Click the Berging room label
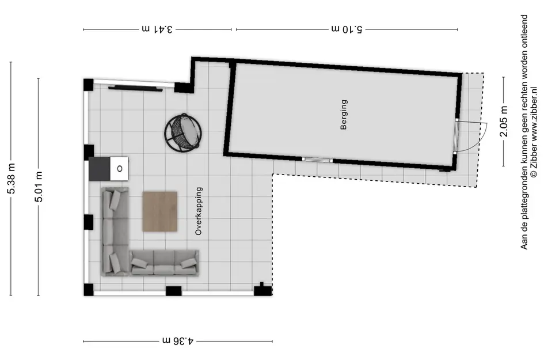pos(344,115)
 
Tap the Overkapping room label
pos(199,211)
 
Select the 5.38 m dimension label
pos(11,178)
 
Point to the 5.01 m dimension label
pos(39,187)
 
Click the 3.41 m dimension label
pos(157,29)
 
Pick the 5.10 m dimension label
pos(347,29)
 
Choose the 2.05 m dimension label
pos(504,121)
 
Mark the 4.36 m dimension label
pos(178,340)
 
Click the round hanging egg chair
pos(183,132)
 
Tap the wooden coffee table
pos(160,211)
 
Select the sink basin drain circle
pos(120,169)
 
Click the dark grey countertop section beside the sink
pos(100,169)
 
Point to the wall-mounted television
pos(135,88)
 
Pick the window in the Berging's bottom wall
pos(317,160)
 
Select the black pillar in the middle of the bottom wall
pos(173,291)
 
